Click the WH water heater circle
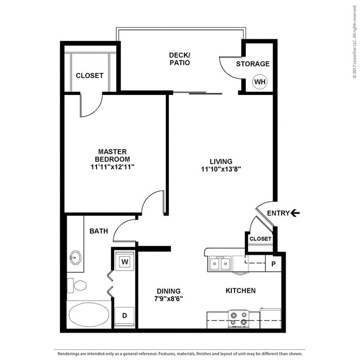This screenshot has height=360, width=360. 260,82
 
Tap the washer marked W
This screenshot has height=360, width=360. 124,261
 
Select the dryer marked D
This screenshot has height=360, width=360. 124,316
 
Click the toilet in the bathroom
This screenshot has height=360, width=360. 76,286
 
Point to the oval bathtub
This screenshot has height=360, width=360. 89,315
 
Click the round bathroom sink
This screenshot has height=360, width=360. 75,258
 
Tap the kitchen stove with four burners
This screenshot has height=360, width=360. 239,319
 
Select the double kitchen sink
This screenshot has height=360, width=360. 220,263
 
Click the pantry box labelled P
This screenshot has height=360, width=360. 273,263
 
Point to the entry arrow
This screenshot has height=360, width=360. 295,213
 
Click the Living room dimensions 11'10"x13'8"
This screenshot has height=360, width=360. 221,169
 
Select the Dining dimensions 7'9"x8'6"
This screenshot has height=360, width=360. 168,299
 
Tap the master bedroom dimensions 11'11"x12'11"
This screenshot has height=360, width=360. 112,167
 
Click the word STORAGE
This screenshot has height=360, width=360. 253,64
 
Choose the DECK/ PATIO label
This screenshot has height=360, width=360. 180,59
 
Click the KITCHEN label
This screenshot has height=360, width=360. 241,291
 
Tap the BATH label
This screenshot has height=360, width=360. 99,231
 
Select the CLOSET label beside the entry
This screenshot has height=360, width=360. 260,239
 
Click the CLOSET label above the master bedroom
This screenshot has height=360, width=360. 89,75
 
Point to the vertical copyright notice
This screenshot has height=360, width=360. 354,41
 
